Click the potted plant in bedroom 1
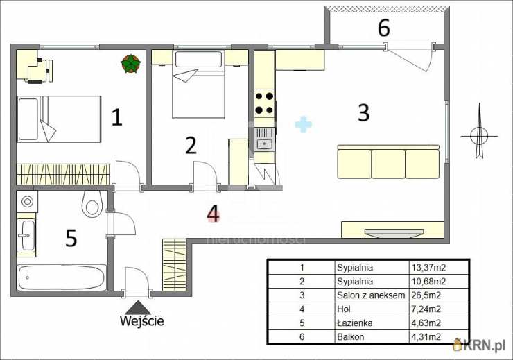pos(130,64)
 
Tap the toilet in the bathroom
pos(92,203)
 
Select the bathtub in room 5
pos(61,277)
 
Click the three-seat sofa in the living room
pos(388,162)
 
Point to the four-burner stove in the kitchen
pos(264,103)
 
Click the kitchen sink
pos(263,144)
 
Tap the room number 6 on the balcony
pos(383,28)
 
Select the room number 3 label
pos(363,112)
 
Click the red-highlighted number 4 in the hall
pos(214,215)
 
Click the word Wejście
pos(142,320)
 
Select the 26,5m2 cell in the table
pos(427,295)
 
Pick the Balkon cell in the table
pos(351,337)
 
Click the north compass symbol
pos(478,133)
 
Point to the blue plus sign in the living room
pos(304,124)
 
